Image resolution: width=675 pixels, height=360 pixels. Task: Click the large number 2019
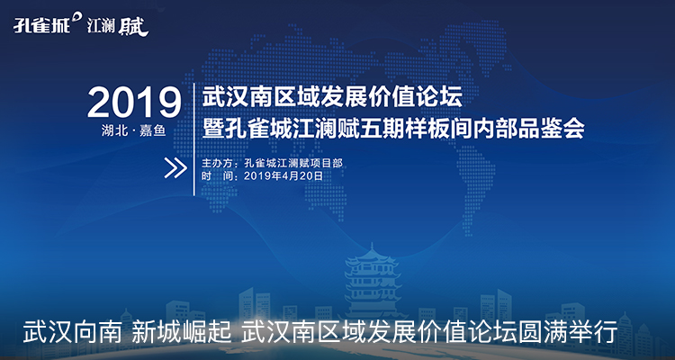(x=134, y=103)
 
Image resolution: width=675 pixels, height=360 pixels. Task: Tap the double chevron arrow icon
(x=175, y=168)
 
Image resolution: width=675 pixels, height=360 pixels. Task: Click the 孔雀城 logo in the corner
(x=41, y=26)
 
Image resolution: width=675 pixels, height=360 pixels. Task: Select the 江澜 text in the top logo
(x=101, y=27)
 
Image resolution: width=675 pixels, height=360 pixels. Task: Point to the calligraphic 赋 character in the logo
(x=133, y=27)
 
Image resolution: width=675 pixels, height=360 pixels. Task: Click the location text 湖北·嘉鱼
(x=134, y=130)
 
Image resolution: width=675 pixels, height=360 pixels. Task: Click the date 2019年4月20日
(x=283, y=175)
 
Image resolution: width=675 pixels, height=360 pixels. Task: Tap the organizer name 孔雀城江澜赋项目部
(x=293, y=164)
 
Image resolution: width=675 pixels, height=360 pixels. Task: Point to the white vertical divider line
(x=194, y=139)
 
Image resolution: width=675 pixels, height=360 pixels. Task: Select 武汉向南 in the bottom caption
(x=71, y=333)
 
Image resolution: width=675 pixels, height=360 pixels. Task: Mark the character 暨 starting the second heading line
(x=213, y=129)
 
